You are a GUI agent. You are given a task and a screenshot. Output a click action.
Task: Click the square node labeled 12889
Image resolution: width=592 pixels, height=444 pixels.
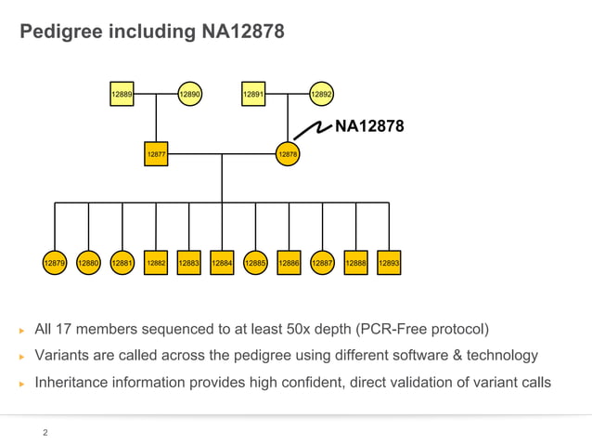[x=122, y=94]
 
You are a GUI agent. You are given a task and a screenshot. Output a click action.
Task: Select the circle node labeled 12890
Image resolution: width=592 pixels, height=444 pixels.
[x=189, y=94]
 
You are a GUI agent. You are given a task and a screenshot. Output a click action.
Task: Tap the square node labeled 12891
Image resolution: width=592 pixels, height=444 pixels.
[x=253, y=94]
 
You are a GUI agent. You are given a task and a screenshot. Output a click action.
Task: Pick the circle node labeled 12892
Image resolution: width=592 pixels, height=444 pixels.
[x=321, y=94]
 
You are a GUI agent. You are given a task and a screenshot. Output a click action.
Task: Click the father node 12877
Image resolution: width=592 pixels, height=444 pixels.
[x=156, y=153]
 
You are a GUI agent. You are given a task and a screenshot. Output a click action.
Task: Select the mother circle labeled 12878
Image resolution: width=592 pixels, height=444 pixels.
[x=288, y=153]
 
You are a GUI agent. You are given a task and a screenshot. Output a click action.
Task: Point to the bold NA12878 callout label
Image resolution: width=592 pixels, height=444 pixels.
[x=368, y=127]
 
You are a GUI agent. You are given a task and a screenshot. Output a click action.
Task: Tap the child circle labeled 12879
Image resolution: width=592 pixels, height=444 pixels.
[x=55, y=263]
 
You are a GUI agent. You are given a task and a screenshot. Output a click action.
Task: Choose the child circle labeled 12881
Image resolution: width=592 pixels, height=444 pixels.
[x=122, y=263]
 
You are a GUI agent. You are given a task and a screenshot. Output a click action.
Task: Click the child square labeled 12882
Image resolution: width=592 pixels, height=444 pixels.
[x=156, y=263]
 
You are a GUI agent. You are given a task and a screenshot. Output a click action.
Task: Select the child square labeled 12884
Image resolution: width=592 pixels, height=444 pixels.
[x=222, y=263]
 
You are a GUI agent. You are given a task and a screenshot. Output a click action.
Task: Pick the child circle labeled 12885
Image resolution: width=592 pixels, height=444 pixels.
[x=255, y=263]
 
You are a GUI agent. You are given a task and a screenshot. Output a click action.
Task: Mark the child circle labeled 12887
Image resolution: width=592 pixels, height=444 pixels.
[x=322, y=263]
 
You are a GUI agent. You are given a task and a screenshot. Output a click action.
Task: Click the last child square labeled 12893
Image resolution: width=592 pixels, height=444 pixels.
[x=390, y=263]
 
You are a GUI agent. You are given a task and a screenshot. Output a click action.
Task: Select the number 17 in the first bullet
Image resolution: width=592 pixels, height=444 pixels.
[x=64, y=329]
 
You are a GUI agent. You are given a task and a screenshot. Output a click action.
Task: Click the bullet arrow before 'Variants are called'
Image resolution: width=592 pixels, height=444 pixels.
[x=21, y=356]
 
